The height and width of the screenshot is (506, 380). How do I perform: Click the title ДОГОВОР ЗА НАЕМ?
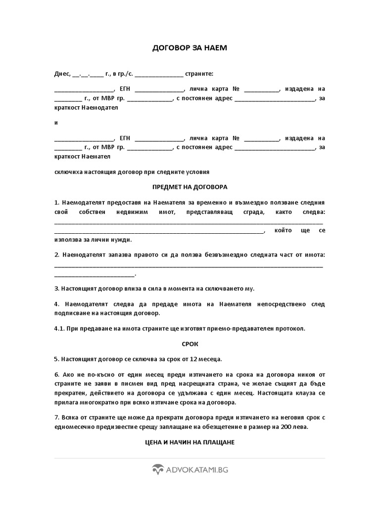click(190, 48)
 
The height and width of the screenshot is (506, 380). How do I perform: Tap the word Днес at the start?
click(62, 74)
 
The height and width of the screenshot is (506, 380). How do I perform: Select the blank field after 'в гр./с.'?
click(158, 74)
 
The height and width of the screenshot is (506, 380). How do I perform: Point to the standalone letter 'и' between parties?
click(56, 122)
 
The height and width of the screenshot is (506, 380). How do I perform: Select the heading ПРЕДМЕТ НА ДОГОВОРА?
click(190, 187)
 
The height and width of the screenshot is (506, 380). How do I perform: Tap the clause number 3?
click(56, 288)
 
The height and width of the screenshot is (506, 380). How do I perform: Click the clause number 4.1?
click(59, 329)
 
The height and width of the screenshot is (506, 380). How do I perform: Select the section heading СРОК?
click(190, 343)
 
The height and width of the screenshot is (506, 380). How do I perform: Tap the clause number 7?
click(56, 418)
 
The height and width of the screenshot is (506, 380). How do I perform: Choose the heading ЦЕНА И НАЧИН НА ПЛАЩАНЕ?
click(190, 442)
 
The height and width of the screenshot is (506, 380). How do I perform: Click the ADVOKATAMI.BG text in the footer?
click(197, 470)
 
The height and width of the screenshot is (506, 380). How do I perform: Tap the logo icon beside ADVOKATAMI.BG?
click(158, 470)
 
